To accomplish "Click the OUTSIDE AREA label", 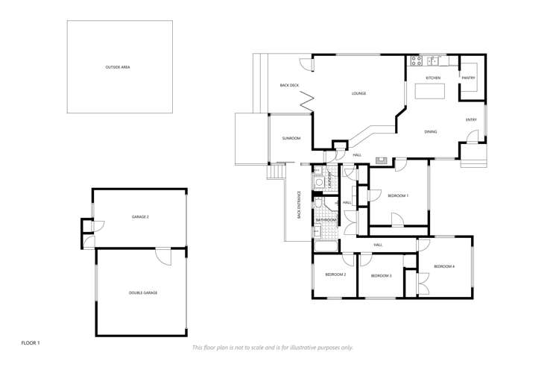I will point(118,67).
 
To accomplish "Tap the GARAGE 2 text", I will point(140,216).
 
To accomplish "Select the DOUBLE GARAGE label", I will point(143,292).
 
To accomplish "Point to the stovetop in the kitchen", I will point(414,60).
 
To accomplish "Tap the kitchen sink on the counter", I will point(433,60).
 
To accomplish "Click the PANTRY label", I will point(468,78).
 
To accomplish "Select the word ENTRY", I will point(471,119).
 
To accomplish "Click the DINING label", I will point(430,132).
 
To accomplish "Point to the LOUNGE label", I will point(359,93).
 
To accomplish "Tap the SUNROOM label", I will point(291,138).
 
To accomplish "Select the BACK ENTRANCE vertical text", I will point(299,204).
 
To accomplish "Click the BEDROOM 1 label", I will point(398,195).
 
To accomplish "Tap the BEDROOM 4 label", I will point(444,266).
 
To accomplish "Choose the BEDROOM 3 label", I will point(380,276).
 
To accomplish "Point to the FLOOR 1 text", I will point(31,342).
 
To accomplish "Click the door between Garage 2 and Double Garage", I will point(162,255).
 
